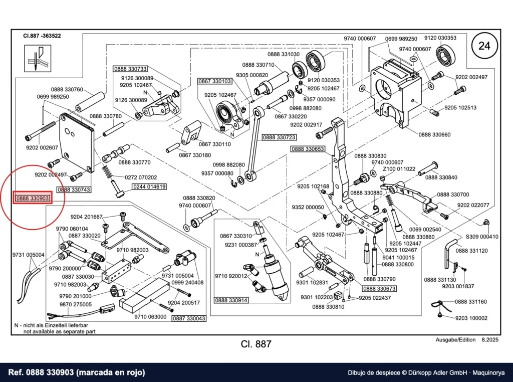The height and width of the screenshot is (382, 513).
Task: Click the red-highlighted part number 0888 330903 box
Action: pos(33,198)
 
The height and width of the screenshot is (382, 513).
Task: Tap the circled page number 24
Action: pos(484,46)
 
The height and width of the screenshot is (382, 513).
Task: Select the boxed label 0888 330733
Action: pos(130,69)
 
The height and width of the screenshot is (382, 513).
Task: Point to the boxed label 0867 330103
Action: pos(214,81)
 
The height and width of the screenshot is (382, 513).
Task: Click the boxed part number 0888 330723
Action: pos(279,137)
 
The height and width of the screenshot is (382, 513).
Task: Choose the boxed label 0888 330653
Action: pos(308,149)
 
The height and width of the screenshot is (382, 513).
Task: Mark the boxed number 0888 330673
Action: pos(380,288)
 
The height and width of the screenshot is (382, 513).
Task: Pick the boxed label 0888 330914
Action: pos(231,300)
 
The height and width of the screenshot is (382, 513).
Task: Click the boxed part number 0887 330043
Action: pos(189,318)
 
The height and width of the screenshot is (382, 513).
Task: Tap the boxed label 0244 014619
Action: pos(149,186)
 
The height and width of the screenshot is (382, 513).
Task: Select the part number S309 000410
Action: pos(482,237)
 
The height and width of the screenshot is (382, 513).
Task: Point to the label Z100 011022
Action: pos(399,169)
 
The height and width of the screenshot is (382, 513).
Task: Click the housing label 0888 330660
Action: pos(434,134)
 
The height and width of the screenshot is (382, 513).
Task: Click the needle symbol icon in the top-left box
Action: pos(38,58)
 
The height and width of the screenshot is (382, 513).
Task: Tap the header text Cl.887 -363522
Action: pos(42,36)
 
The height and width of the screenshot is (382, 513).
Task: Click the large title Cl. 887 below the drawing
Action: pos(256,344)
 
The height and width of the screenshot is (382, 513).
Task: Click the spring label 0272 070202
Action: pos(141,177)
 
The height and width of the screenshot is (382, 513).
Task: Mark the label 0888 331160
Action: pos(471,302)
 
